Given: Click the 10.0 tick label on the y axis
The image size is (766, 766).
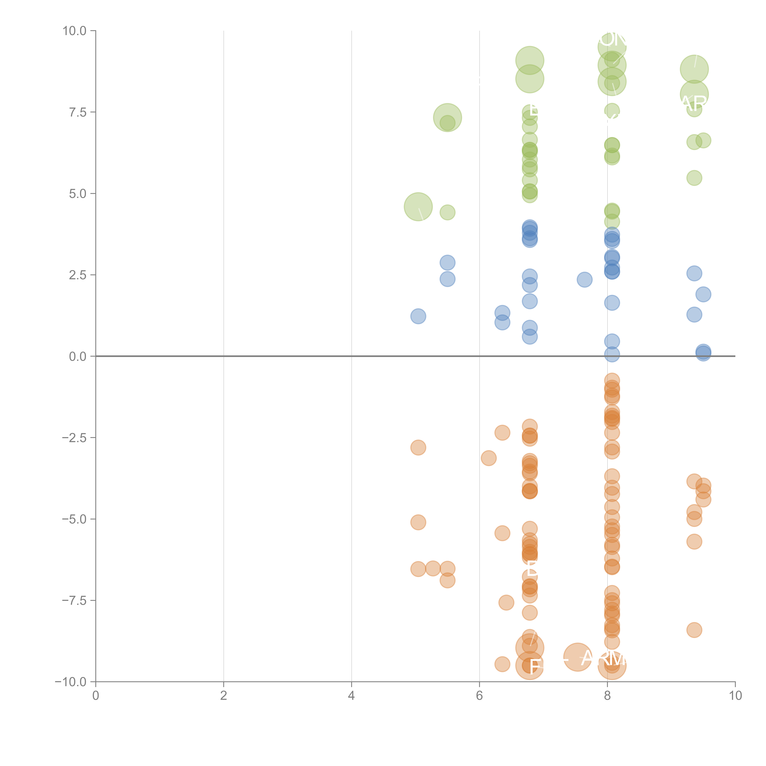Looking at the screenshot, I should point(74,31).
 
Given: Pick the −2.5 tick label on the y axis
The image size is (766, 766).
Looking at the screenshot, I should point(74,438).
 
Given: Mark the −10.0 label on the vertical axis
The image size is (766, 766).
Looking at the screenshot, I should point(71,682).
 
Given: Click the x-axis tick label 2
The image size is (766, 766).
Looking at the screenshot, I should point(224,696).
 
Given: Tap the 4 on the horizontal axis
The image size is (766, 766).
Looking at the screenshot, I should point(351,696).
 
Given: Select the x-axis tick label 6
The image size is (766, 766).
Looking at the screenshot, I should point(479,696).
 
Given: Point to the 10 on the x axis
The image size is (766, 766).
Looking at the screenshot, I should point(735,696).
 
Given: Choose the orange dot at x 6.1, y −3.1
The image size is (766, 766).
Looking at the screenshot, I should point(488,458).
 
